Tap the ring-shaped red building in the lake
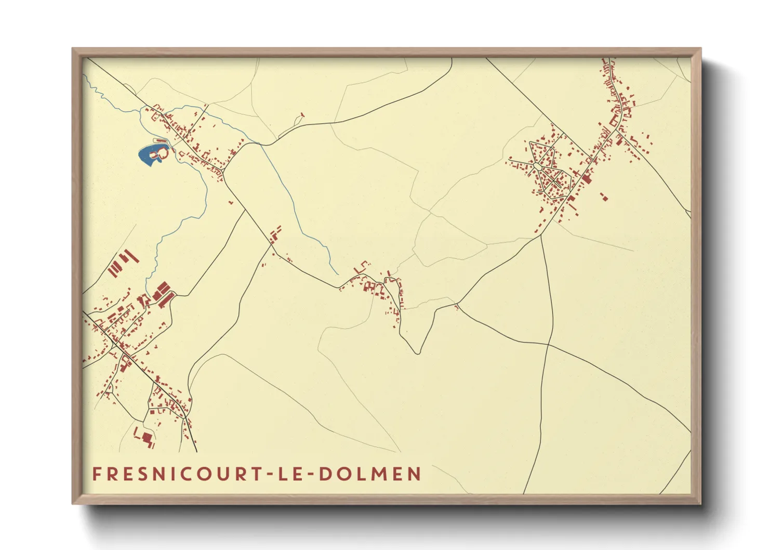[x=162, y=153]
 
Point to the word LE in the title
[x=292, y=474]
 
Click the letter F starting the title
[x=97, y=474]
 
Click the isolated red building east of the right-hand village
[x=604, y=197]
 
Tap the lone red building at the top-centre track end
[x=302, y=115]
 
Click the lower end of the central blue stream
[x=338, y=274]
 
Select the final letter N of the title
[x=414, y=474]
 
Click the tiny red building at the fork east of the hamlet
[x=457, y=307]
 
